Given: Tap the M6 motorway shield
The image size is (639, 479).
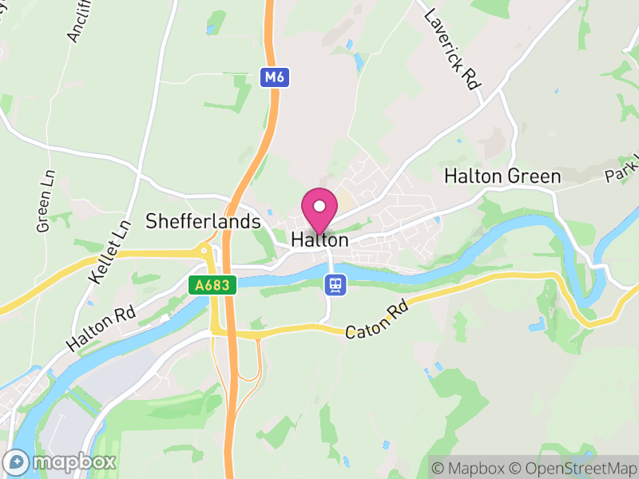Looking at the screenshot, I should click(x=273, y=77).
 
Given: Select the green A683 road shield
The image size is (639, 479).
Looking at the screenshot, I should click(x=212, y=285).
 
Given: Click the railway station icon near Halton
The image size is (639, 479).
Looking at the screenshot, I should click(x=335, y=284).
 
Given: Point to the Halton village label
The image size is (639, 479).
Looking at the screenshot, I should click(x=319, y=239).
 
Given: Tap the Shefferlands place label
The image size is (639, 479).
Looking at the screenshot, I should click(x=203, y=221).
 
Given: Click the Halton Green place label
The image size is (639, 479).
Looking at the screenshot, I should click(x=502, y=176).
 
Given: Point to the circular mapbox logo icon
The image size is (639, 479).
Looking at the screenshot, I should click(x=17, y=462).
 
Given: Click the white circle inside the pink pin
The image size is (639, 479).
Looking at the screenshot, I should click(x=319, y=206).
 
